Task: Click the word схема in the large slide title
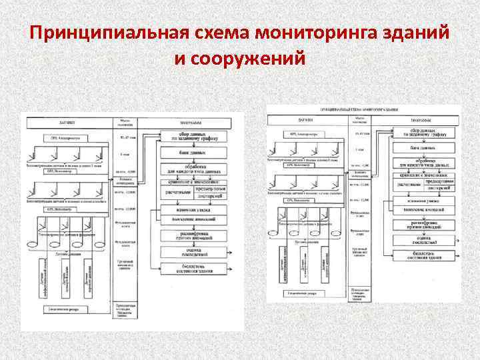pyautogui.click(x=191, y=33)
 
